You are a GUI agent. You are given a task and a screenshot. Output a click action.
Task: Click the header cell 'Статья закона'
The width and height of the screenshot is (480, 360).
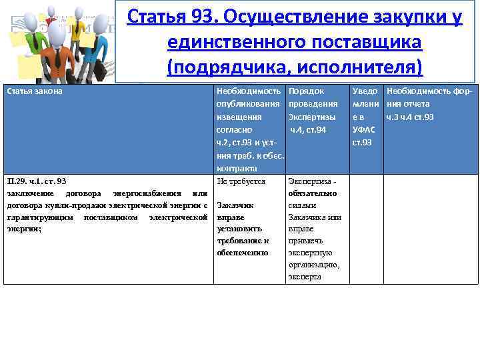tap(34, 91)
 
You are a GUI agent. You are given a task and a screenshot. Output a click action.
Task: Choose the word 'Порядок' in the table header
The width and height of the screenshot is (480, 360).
tap(306, 91)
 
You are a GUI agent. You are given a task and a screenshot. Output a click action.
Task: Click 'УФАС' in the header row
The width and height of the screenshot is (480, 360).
tap(365, 129)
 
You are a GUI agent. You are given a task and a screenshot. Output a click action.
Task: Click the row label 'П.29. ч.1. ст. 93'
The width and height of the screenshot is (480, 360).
tap(37, 181)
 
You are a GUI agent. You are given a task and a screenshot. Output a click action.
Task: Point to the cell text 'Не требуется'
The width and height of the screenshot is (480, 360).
tap(241, 181)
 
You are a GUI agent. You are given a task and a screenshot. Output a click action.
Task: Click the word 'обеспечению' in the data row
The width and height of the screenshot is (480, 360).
tap(243, 253)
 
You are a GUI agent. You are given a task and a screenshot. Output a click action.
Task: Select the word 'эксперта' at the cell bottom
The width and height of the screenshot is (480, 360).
tap(305, 277)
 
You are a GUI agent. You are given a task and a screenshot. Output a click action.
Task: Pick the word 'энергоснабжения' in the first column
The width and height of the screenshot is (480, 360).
tap(147, 193)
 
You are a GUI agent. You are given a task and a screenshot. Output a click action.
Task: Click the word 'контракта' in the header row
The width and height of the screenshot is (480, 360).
tap(236, 168)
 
